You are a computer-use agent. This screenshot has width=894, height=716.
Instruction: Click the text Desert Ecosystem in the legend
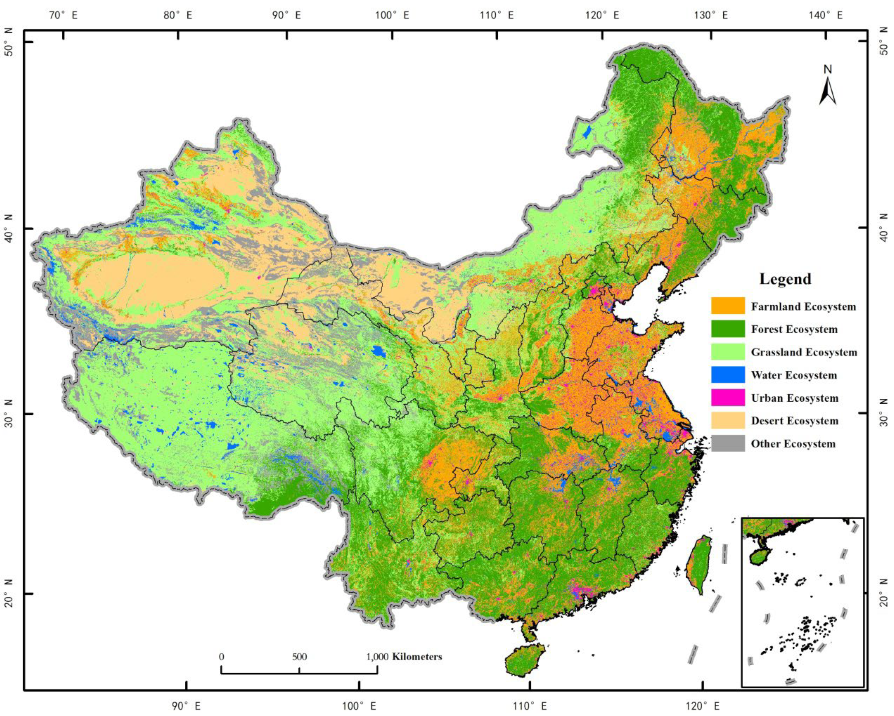pos(795,421)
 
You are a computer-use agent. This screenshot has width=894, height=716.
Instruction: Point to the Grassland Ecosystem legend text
pos(804,352)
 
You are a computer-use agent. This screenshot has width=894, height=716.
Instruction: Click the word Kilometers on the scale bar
pos(417,657)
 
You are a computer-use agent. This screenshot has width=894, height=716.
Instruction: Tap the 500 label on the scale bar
pos(299,657)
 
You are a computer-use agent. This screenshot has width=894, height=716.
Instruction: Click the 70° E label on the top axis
pos(63,16)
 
